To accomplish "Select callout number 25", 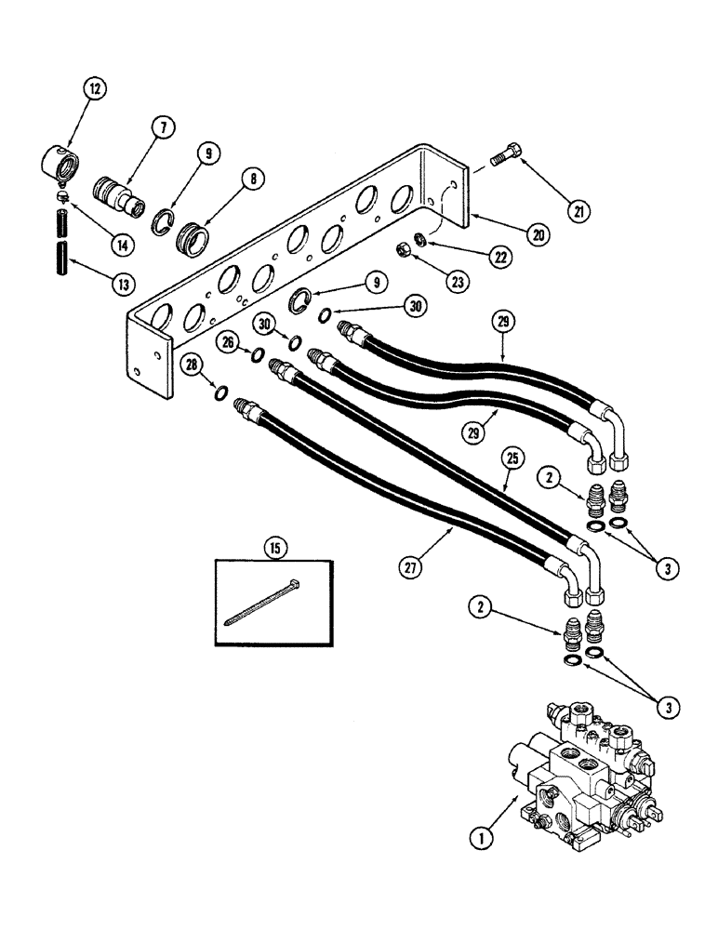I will click(512, 459).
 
